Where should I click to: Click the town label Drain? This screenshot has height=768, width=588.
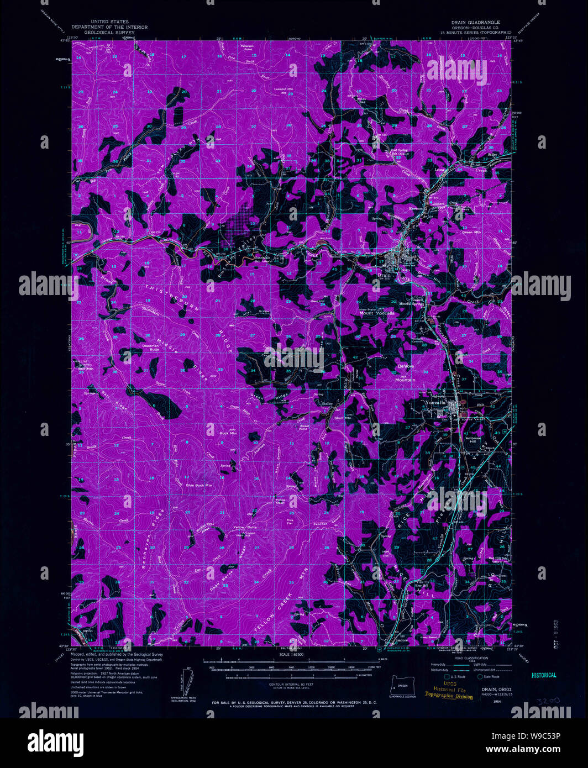[384, 275]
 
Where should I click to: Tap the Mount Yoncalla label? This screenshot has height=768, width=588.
[377, 313]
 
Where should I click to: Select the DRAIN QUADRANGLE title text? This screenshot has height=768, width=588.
[475, 22]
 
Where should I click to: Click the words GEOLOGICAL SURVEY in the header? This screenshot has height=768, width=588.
[106, 33]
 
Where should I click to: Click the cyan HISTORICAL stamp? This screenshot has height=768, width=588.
[544, 675]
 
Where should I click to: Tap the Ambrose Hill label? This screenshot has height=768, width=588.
[473, 440]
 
